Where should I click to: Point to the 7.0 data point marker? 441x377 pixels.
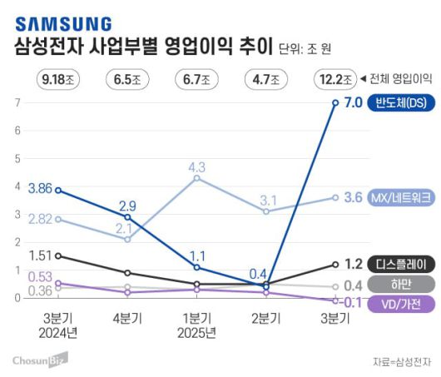(335, 103)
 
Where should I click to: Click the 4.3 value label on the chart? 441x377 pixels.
(196, 166)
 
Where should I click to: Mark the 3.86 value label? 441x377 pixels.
(40, 189)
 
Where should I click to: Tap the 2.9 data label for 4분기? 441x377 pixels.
(127, 205)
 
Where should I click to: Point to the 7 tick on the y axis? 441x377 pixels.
(17, 103)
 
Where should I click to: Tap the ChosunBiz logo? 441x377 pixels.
(39, 359)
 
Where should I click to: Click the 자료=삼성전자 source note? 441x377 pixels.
(404, 361)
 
